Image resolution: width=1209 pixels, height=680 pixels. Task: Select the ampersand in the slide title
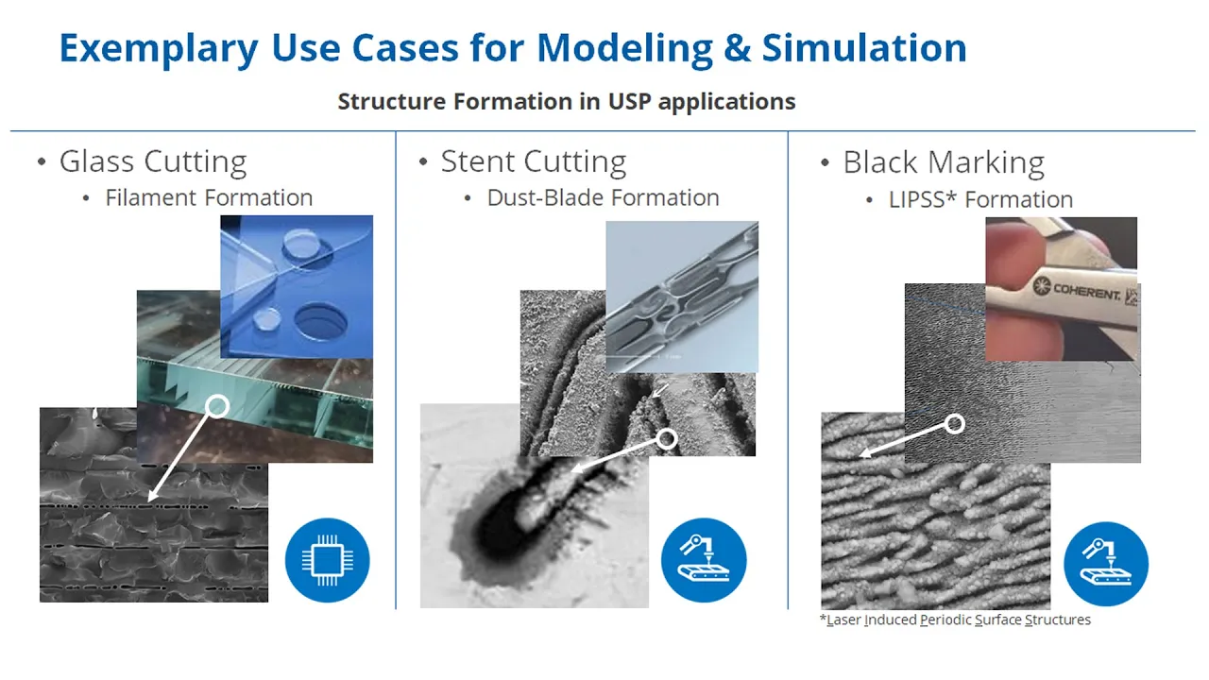(x=737, y=48)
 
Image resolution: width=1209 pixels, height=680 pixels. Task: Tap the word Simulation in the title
(x=864, y=48)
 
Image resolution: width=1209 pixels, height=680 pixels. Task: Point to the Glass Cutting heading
(x=153, y=161)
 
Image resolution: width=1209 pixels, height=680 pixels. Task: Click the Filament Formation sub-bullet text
(x=209, y=197)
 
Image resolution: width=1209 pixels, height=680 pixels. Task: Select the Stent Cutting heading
(x=534, y=161)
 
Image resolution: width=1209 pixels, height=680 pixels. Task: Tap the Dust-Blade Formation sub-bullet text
(x=603, y=197)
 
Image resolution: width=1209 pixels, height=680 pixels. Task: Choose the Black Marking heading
(x=944, y=162)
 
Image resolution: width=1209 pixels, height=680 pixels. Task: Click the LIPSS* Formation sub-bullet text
(x=980, y=199)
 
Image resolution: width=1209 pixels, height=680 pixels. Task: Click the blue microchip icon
(x=328, y=560)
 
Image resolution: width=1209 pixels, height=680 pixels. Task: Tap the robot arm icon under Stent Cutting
(x=704, y=560)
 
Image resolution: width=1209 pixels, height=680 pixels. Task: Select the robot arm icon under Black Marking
(x=1106, y=564)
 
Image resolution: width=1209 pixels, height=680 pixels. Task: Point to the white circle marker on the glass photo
(x=217, y=406)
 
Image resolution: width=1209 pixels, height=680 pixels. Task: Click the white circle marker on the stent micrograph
(x=667, y=439)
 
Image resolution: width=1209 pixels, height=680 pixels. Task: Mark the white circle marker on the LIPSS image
(x=954, y=424)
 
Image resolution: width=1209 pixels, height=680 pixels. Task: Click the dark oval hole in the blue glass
(x=321, y=322)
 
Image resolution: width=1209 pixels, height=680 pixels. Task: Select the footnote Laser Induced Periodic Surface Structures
(x=955, y=620)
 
